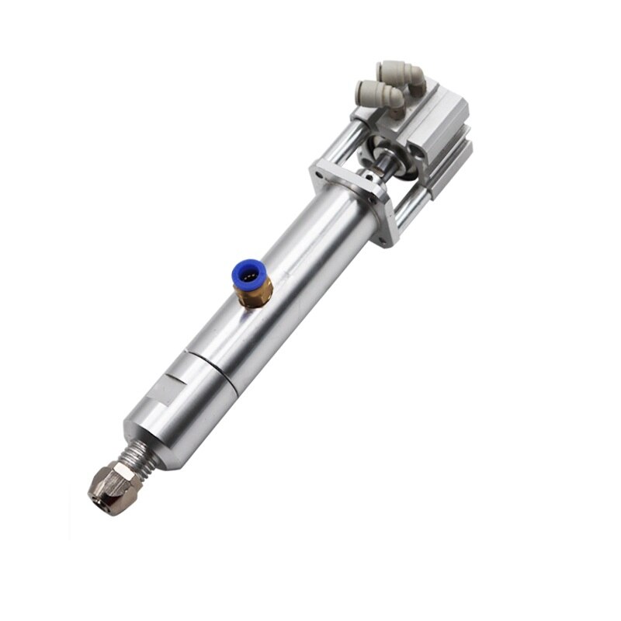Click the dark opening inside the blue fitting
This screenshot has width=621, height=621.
point(247,274)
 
